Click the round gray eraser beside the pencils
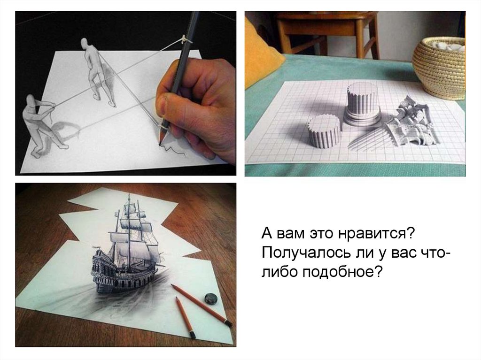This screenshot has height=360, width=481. coord(211,299)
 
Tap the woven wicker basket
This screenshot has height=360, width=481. coord(439,68)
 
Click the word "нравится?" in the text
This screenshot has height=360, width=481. coord(377,234)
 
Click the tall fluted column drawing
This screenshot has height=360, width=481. coord(362,103)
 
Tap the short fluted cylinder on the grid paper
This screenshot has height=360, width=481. coord(324,131)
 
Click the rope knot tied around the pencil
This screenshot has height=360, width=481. coord(184,39)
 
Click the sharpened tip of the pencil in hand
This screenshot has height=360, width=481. coord(161,141)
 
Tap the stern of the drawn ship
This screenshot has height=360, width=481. coord(103,270)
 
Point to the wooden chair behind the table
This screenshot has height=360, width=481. coord(327,34)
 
